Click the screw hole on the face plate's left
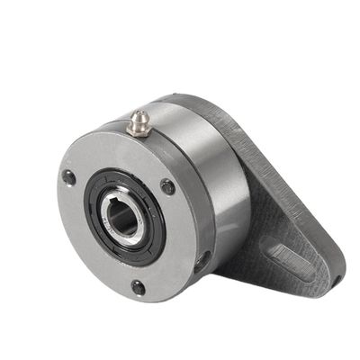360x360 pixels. [x=68, y=177]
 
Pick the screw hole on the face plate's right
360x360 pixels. [x=167, y=186]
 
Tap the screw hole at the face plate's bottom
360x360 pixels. [x=138, y=287]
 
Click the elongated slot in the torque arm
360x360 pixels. [x=293, y=256]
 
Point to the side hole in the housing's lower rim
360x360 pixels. [x=203, y=262]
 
